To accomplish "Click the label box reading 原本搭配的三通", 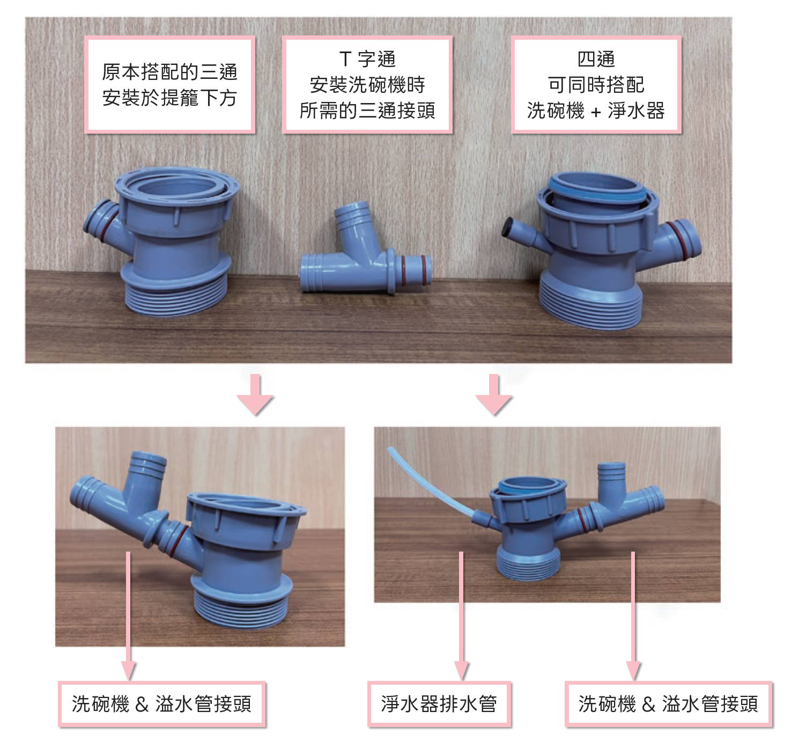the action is [x=170, y=85].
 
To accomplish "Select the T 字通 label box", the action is [x=367, y=85].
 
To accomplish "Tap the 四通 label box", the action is [x=596, y=85].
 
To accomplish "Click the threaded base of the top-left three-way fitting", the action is [x=176, y=296].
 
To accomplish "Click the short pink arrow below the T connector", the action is [x=255, y=395].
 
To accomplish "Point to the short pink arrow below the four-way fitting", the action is [x=494, y=395].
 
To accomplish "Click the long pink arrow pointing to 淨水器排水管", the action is [x=462, y=616].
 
